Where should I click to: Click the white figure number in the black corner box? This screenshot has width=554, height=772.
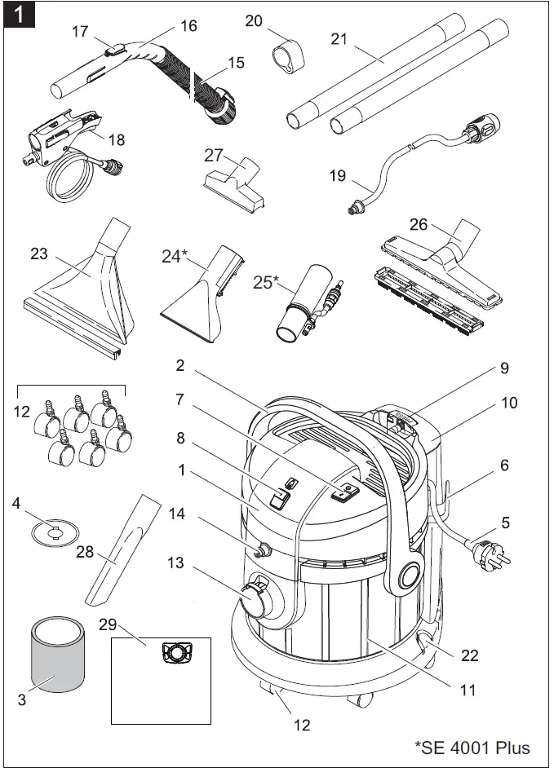pyautogui.click(x=17, y=15)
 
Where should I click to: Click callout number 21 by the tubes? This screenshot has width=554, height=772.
pyautogui.click(x=339, y=38)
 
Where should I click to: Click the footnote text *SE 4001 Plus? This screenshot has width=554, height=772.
pyautogui.click(x=472, y=747)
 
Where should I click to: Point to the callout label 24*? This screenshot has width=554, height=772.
pyautogui.click(x=173, y=256)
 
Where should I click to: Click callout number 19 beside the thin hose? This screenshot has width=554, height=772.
pyautogui.click(x=337, y=176)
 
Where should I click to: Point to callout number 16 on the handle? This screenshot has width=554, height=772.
pyautogui.click(x=188, y=26)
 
